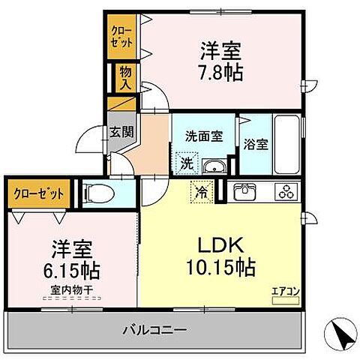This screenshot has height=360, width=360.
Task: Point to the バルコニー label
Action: tap(153, 328)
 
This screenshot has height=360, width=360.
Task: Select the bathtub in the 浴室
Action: tap(286, 145)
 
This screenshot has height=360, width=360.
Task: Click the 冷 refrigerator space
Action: tap(202, 191)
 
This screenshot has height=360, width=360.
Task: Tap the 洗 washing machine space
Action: tap(186, 161)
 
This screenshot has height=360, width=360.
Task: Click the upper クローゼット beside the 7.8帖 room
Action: tap(122, 37)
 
